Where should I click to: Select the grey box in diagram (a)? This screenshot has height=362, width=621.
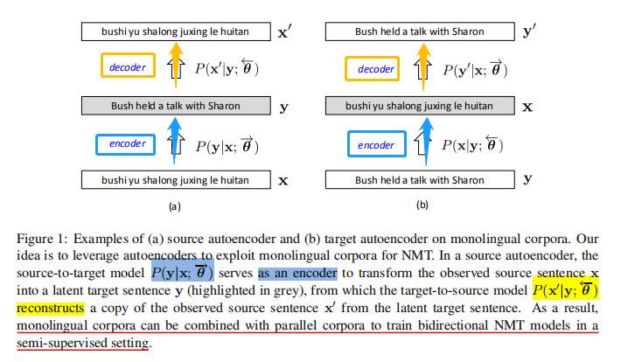(175, 106)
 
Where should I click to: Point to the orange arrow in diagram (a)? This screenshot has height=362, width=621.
(175, 68)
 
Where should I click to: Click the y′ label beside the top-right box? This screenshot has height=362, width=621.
(528, 32)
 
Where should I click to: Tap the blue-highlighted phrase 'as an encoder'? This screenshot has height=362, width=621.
(297, 274)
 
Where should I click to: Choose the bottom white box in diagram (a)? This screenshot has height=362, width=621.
(175, 180)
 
